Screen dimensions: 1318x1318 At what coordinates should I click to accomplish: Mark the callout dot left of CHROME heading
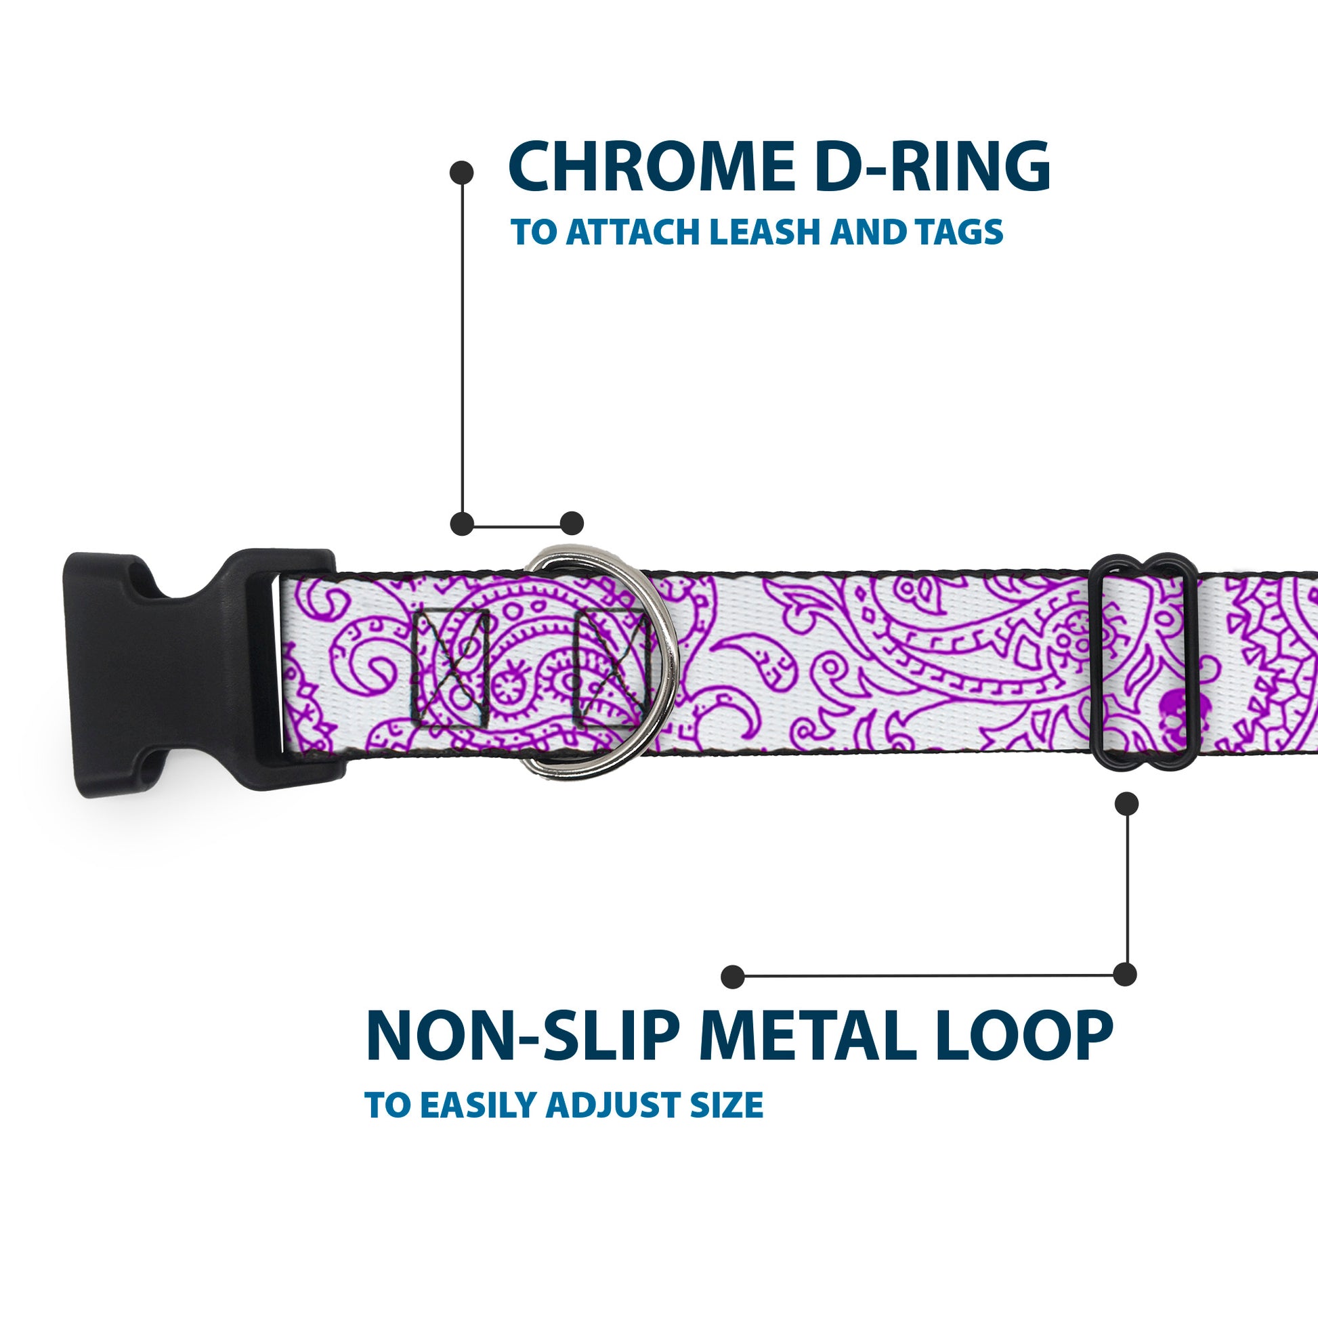pos(462,172)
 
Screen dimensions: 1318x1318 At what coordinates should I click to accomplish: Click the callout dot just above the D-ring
pos(572,524)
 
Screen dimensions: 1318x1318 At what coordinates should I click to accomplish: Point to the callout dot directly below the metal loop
pos(1126,804)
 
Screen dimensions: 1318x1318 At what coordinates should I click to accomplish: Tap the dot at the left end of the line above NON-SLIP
pos(733,976)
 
